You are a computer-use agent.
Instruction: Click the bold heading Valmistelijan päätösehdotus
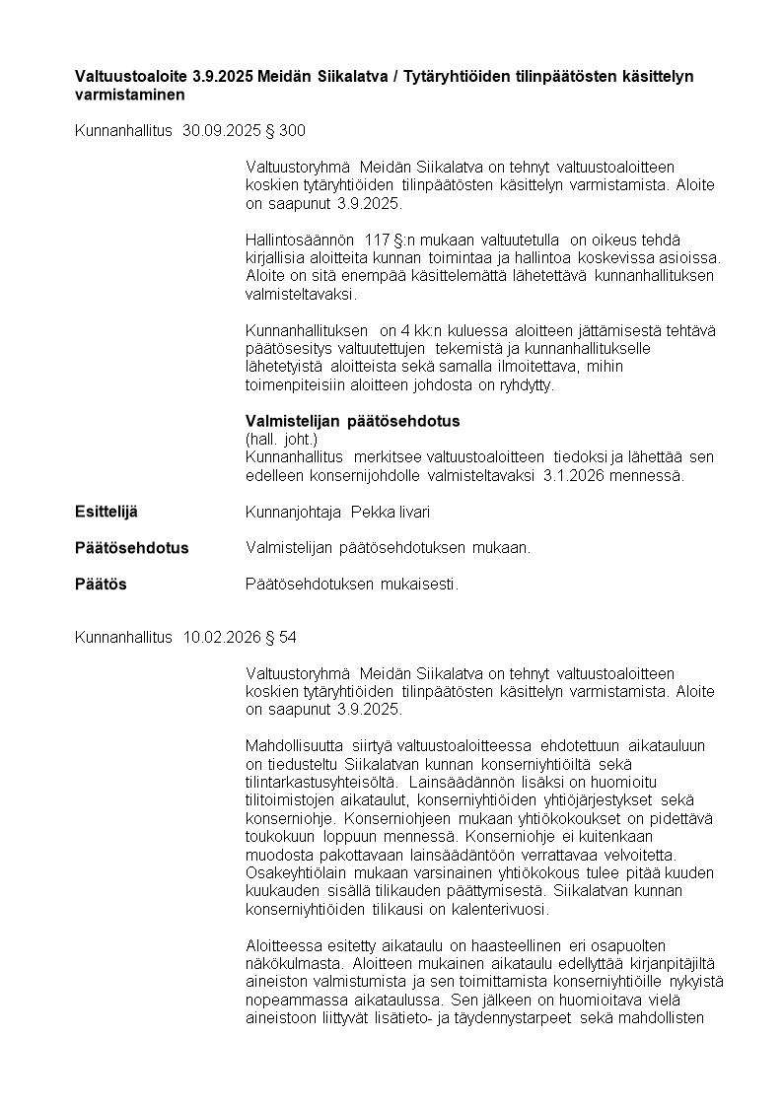pos(352,422)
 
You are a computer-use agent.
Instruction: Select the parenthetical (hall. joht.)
pos(281,440)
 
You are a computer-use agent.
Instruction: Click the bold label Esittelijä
pos(107,513)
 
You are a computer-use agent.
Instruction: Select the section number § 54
pos(283,638)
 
